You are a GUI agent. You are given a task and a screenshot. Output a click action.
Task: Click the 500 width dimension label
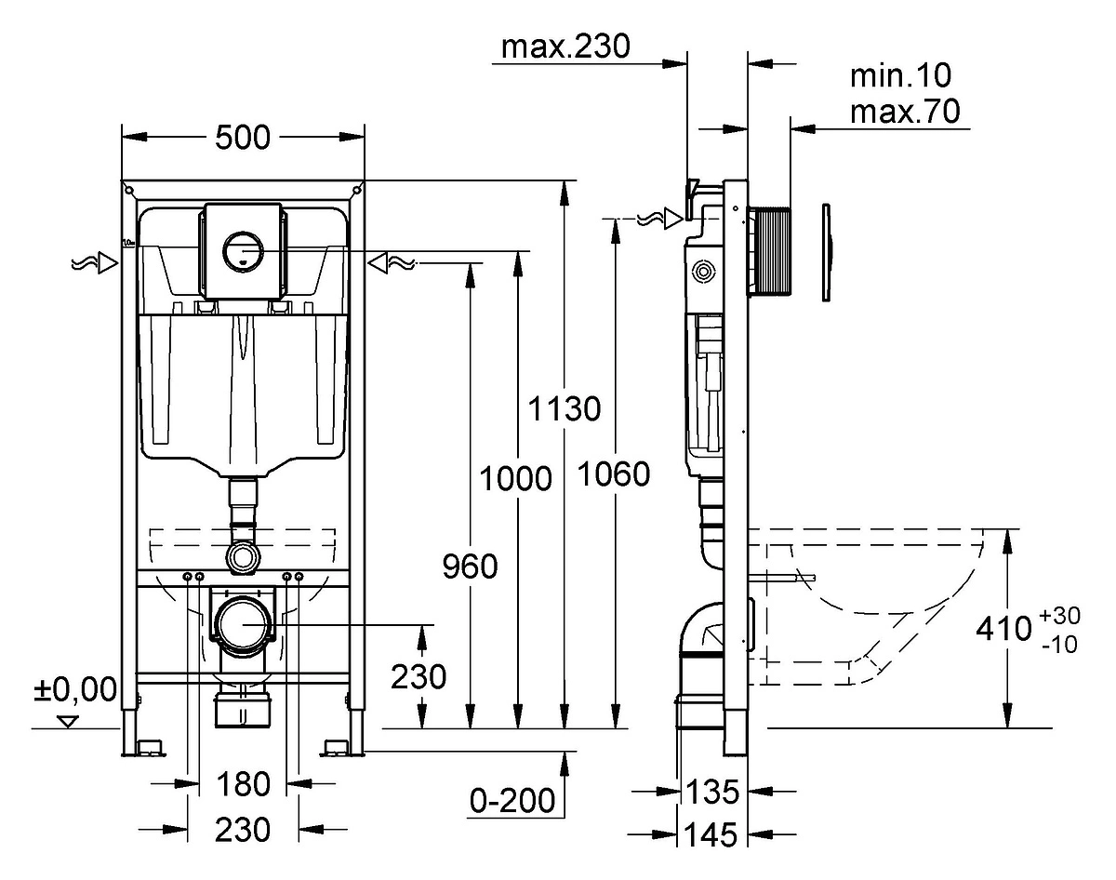coord(243,138)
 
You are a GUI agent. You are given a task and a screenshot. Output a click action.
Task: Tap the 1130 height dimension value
coord(565,408)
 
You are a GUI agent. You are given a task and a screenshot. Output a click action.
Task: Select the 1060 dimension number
coord(614,474)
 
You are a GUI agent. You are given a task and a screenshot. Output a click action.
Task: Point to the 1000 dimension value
coord(515,478)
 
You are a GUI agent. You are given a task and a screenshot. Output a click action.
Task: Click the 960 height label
coord(470,567)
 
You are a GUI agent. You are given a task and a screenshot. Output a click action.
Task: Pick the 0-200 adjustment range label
coord(512,801)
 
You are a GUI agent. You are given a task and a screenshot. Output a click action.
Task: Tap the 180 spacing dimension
coord(244,784)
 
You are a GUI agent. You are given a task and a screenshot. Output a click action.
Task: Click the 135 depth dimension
coord(712,792)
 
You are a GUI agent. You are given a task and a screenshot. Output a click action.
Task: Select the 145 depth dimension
coord(711,835)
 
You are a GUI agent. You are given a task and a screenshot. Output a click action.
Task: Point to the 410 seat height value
coord(1004,629)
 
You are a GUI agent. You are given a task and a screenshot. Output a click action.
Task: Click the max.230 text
coord(565,47)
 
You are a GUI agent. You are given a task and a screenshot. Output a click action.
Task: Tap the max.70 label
coord(905,112)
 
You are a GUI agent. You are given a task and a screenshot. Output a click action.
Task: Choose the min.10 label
coord(901,75)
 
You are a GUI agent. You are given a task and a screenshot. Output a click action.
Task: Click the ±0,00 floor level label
coord(75,689)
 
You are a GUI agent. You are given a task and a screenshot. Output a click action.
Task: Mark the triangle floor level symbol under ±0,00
coord(68,722)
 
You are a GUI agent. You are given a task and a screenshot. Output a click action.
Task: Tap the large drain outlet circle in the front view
coord(243,624)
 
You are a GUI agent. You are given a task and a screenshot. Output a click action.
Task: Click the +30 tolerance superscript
coord(1059,616)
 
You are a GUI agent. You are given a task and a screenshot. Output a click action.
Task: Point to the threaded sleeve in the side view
coord(769,251)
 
